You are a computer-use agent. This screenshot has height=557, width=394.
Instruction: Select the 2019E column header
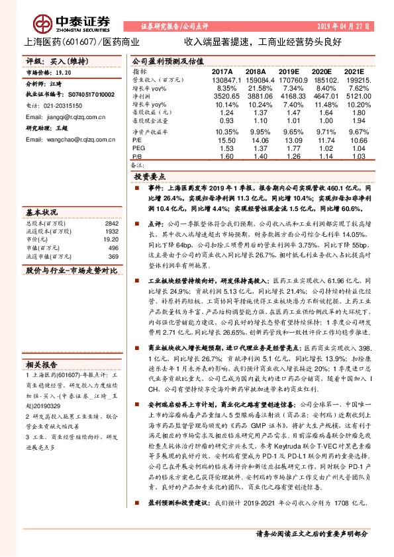click(288, 70)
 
